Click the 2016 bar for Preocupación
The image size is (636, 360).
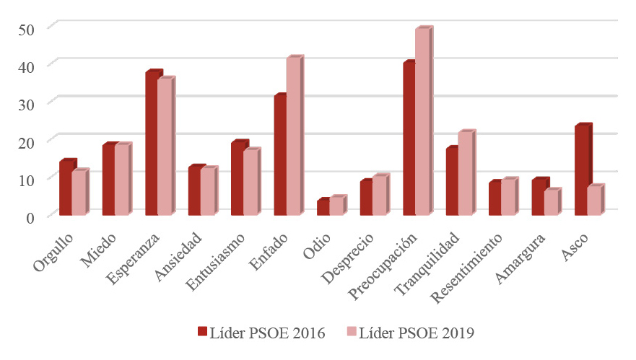pyautogui.click(x=409, y=139)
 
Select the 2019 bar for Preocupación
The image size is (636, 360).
pyautogui.click(x=422, y=123)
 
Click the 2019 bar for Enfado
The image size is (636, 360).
pyautogui.click(x=293, y=137)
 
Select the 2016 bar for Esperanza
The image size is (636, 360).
pyautogui.click(x=151, y=144)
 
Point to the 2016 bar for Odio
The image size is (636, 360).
pyautogui.click(x=323, y=207)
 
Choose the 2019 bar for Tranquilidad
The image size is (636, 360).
pyautogui.click(x=465, y=174)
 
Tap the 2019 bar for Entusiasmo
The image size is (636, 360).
pyautogui.click(x=250, y=183)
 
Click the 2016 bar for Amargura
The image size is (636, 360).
pyautogui.click(x=537, y=198)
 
